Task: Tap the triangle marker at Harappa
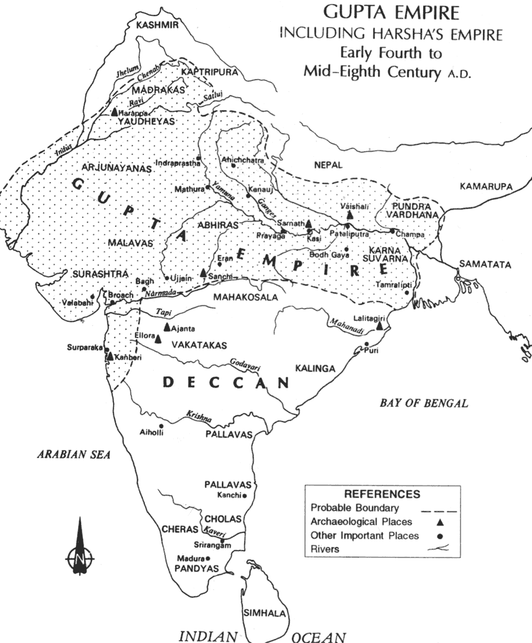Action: [114, 111]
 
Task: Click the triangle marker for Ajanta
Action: [167, 327]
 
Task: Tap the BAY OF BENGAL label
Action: [423, 403]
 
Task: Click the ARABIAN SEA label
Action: [73, 454]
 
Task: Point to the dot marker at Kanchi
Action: [244, 496]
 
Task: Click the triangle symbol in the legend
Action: [441, 521]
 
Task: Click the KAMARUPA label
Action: [486, 186]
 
